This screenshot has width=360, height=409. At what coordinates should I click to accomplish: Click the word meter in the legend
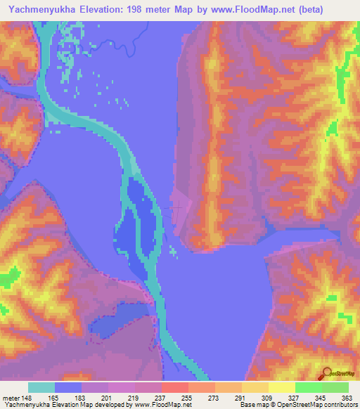10,397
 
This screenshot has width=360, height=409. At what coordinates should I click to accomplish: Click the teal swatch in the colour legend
41,387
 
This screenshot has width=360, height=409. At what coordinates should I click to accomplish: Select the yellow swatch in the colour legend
281,387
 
